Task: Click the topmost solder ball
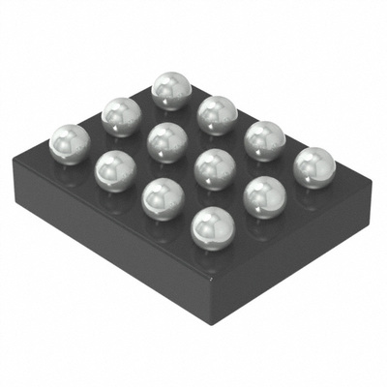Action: (x=171, y=90)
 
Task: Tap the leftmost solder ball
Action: (x=70, y=143)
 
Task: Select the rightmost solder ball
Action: (x=313, y=167)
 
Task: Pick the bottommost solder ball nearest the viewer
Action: (x=213, y=230)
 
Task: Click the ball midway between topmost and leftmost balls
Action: (x=121, y=116)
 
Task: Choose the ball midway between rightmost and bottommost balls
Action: (x=263, y=197)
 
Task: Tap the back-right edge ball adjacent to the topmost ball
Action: (x=218, y=114)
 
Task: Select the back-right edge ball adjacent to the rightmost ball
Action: (x=264, y=140)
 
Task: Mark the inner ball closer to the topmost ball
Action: (x=167, y=141)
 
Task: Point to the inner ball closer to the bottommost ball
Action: (x=214, y=169)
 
